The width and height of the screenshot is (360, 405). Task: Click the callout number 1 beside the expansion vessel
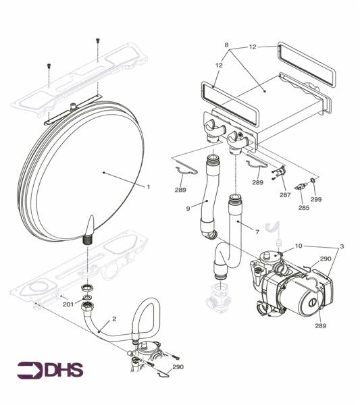pyautogui.click(x=149, y=186)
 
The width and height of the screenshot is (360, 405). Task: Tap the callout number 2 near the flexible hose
pyautogui.click(x=114, y=318)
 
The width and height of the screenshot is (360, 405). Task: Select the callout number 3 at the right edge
pyautogui.click(x=342, y=247)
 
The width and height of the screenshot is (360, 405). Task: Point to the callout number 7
pyautogui.click(x=257, y=232)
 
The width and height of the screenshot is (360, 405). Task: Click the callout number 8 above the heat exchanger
pyautogui.click(x=227, y=45)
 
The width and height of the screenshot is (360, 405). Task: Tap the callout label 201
pyautogui.click(x=68, y=304)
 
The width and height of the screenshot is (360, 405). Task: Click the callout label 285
pyautogui.click(x=304, y=208)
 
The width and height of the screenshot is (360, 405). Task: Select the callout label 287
pyautogui.click(x=285, y=194)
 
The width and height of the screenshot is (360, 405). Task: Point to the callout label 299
pyautogui.click(x=316, y=200)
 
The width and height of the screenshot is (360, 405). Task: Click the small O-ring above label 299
pyautogui.click(x=313, y=182)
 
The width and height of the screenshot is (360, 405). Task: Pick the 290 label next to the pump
pyautogui.click(x=325, y=259)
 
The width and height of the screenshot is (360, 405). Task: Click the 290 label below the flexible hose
pyautogui.click(x=178, y=367)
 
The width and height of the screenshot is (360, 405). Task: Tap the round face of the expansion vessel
pyautogui.click(x=88, y=169)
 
